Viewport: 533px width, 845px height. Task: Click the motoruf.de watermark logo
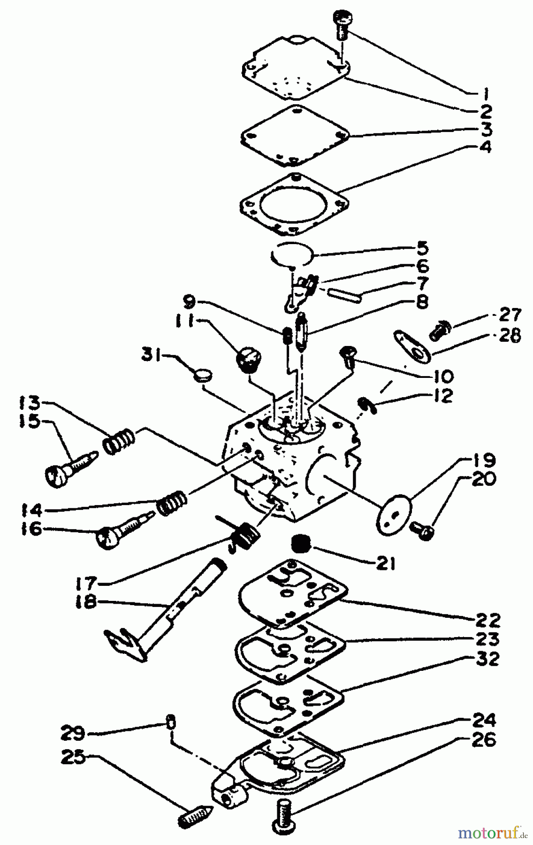(492, 833)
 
